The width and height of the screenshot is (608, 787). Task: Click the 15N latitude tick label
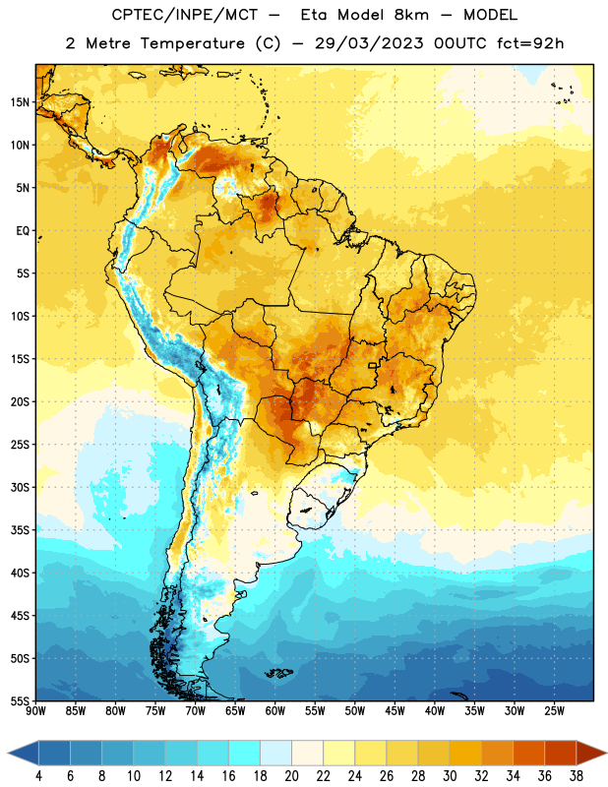pos(20,102)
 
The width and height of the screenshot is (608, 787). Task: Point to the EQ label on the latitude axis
pos(23,231)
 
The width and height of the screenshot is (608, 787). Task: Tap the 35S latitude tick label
pos(20,530)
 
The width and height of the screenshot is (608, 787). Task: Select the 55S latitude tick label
pos(20,700)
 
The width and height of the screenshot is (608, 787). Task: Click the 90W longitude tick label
pos(35,711)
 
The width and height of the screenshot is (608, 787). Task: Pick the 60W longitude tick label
pos(275,711)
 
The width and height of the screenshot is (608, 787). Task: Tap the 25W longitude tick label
pos(554,711)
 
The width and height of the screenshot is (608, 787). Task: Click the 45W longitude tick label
pos(395,711)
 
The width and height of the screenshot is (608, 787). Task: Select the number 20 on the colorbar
pos(291,776)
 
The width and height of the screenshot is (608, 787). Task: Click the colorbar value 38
pos(576,776)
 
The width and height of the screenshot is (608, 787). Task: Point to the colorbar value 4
pos(38,776)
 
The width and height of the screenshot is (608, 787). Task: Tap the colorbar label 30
pos(450,776)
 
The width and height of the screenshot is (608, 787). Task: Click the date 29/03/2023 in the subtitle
pos(369,43)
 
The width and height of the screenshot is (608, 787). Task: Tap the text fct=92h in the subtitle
pos(530,43)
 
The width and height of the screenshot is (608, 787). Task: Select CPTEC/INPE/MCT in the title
pos(185,15)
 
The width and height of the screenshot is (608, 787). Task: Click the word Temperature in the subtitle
pos(192,43)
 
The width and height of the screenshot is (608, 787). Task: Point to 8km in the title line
pos(411,15)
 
